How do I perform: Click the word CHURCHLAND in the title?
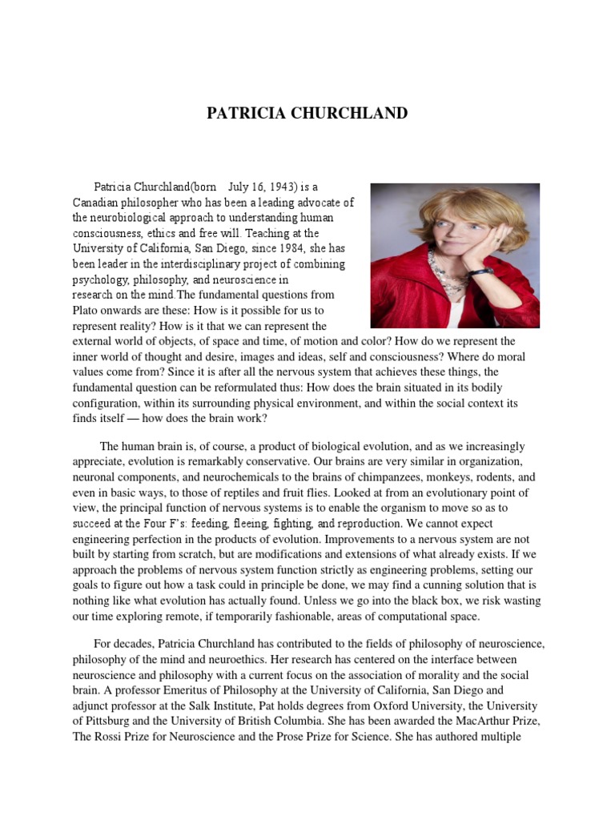(354, 113)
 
